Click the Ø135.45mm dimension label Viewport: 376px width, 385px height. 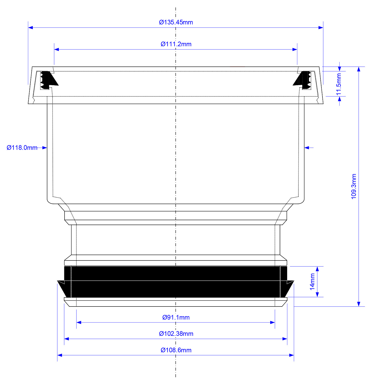[x=176, y=22]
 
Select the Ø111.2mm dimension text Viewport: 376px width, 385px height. [x=176, y=44]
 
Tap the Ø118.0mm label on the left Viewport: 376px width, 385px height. [x=22, y=148]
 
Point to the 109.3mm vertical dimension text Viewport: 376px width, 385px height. [x=354, y=186]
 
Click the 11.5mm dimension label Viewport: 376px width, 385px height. [x=339, y=84]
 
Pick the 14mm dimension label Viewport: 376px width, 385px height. [x=312, y=282]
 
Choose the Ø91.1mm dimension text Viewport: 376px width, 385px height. [x=176, y=317]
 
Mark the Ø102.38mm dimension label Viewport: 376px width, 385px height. [x=176, y=334]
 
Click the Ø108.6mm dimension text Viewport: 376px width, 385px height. [x=176, y=350]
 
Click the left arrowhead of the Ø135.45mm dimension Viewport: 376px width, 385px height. [x=30, y=27]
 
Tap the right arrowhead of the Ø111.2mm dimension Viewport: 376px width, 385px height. [x=295, y=49]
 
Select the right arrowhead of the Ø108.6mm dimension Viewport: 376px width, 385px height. [x=291, y=355]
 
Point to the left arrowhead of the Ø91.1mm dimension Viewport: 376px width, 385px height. [x=79, y=322]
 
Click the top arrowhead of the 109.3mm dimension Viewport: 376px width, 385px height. [x=359, y=69]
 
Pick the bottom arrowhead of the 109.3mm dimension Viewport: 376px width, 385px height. [x=359, y=304]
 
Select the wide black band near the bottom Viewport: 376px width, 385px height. [x=176, y=282]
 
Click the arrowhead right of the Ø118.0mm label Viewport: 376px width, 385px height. [x=45, y=148]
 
